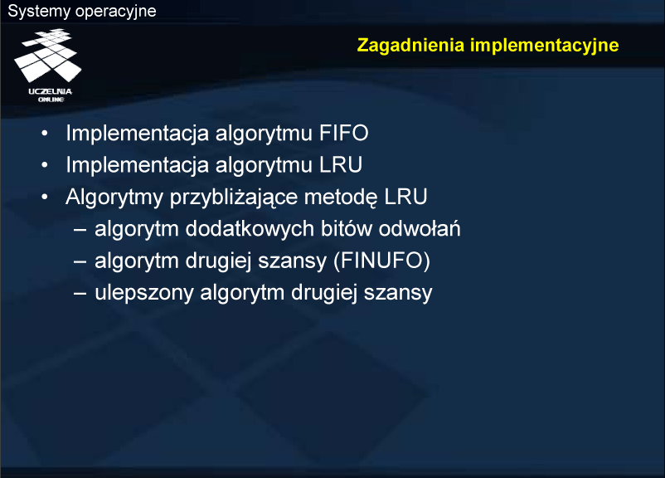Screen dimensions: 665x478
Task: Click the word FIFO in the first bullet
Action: click(x=343, y=133)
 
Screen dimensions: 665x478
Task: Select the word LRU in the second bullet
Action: click(x=341, y=164)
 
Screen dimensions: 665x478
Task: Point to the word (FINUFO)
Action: click(x=382, y=261)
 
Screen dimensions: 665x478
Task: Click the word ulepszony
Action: click(x=144, y=293)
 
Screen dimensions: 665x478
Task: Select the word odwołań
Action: click(x=420, y=228)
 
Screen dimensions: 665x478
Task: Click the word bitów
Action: click(x=346, y=228)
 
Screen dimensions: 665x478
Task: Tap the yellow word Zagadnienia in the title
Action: click(x=410, y=46)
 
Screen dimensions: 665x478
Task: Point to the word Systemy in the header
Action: click(x=39, y=12)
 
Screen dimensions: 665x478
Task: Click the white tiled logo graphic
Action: click(x=47, y=56)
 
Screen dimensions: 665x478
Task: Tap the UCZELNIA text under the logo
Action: click(x=50, y=91)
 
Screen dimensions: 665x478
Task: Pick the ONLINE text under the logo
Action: click(x=51, y=100)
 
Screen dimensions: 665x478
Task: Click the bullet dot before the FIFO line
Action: click(x=45, y=134)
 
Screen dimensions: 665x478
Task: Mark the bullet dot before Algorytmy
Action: click(x=45, y=197)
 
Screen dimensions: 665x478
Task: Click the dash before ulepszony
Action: click(x=80, y=293)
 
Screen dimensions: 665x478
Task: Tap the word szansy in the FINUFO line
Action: click(x=293, y=261)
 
